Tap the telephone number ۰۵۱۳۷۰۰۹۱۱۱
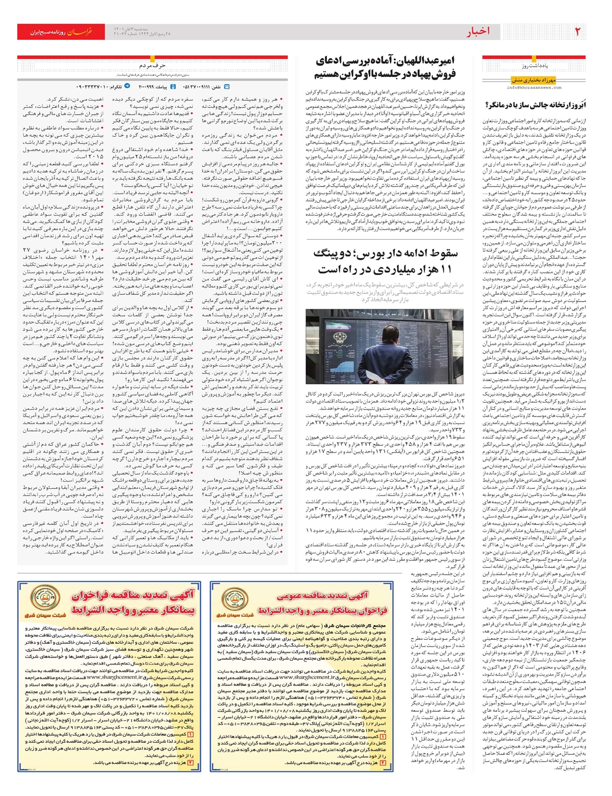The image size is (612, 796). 205,87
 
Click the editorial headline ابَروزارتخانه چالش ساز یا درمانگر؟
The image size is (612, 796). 534,106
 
